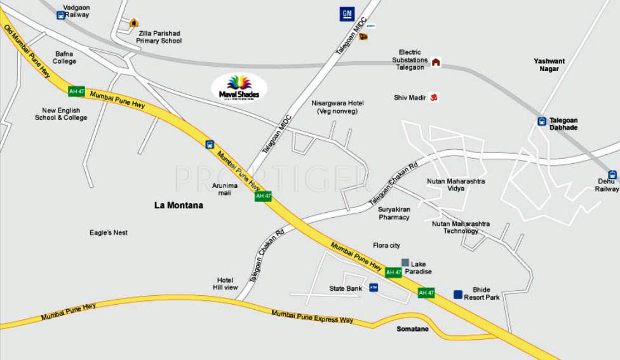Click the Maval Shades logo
point(239,88)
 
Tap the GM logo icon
point(346,14)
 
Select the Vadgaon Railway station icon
point(61,15)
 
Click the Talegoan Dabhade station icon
point(542,121)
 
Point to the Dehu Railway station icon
point(612,175)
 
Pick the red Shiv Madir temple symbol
point(435,98)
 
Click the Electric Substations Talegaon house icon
point(436,62)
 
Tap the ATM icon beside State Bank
point(374,288)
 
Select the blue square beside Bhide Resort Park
point(458,294)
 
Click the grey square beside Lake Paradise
point(405,262)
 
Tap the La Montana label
point(179,205)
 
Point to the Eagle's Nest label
point(109,232)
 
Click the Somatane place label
point(413,329)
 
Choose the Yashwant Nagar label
point(549,65)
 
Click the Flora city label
point(386,246)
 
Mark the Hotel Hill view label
point(225,284)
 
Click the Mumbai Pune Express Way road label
point(312,316)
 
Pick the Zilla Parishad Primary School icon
point(133,23)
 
